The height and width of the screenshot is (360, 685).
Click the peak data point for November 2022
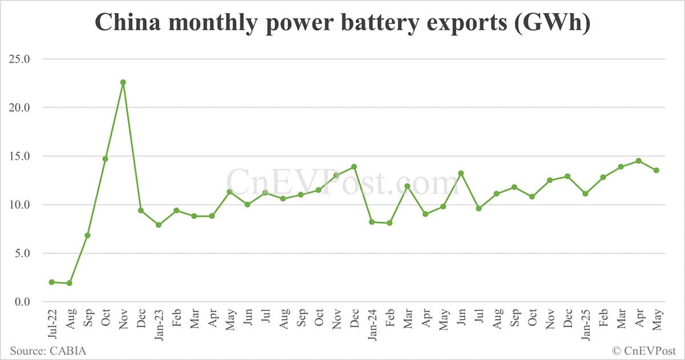123,82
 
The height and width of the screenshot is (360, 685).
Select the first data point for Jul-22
52,282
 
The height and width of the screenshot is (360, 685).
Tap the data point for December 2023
354,167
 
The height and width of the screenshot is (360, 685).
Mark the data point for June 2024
461,173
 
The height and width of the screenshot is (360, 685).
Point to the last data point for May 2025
656,170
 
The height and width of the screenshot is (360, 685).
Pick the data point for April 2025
638,161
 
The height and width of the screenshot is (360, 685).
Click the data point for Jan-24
372,222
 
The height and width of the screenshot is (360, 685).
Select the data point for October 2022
105,159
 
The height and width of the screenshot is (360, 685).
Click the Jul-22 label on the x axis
52,323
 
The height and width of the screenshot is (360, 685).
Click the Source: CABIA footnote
47,350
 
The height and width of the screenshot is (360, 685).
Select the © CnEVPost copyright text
644,350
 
